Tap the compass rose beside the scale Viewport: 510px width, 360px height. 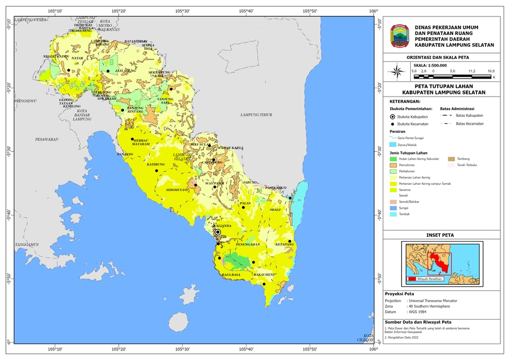click(x=396, y=70)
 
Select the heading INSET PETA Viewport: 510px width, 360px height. click(x=441, y=235)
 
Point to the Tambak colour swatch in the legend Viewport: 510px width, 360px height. click(x=393, y=214)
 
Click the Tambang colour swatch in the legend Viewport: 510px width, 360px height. click(x=452, y=159)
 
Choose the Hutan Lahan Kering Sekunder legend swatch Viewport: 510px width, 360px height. click(x=393, y=159)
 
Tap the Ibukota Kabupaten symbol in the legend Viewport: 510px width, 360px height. click(x=393, y=116)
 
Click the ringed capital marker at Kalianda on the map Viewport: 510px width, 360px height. click(x=218, y=232)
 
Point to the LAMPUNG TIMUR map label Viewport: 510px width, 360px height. click(x=256, y=115)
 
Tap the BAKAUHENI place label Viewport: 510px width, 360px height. click(x=264, y=275)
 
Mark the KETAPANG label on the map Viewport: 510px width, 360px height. click(x=285, y=245)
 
